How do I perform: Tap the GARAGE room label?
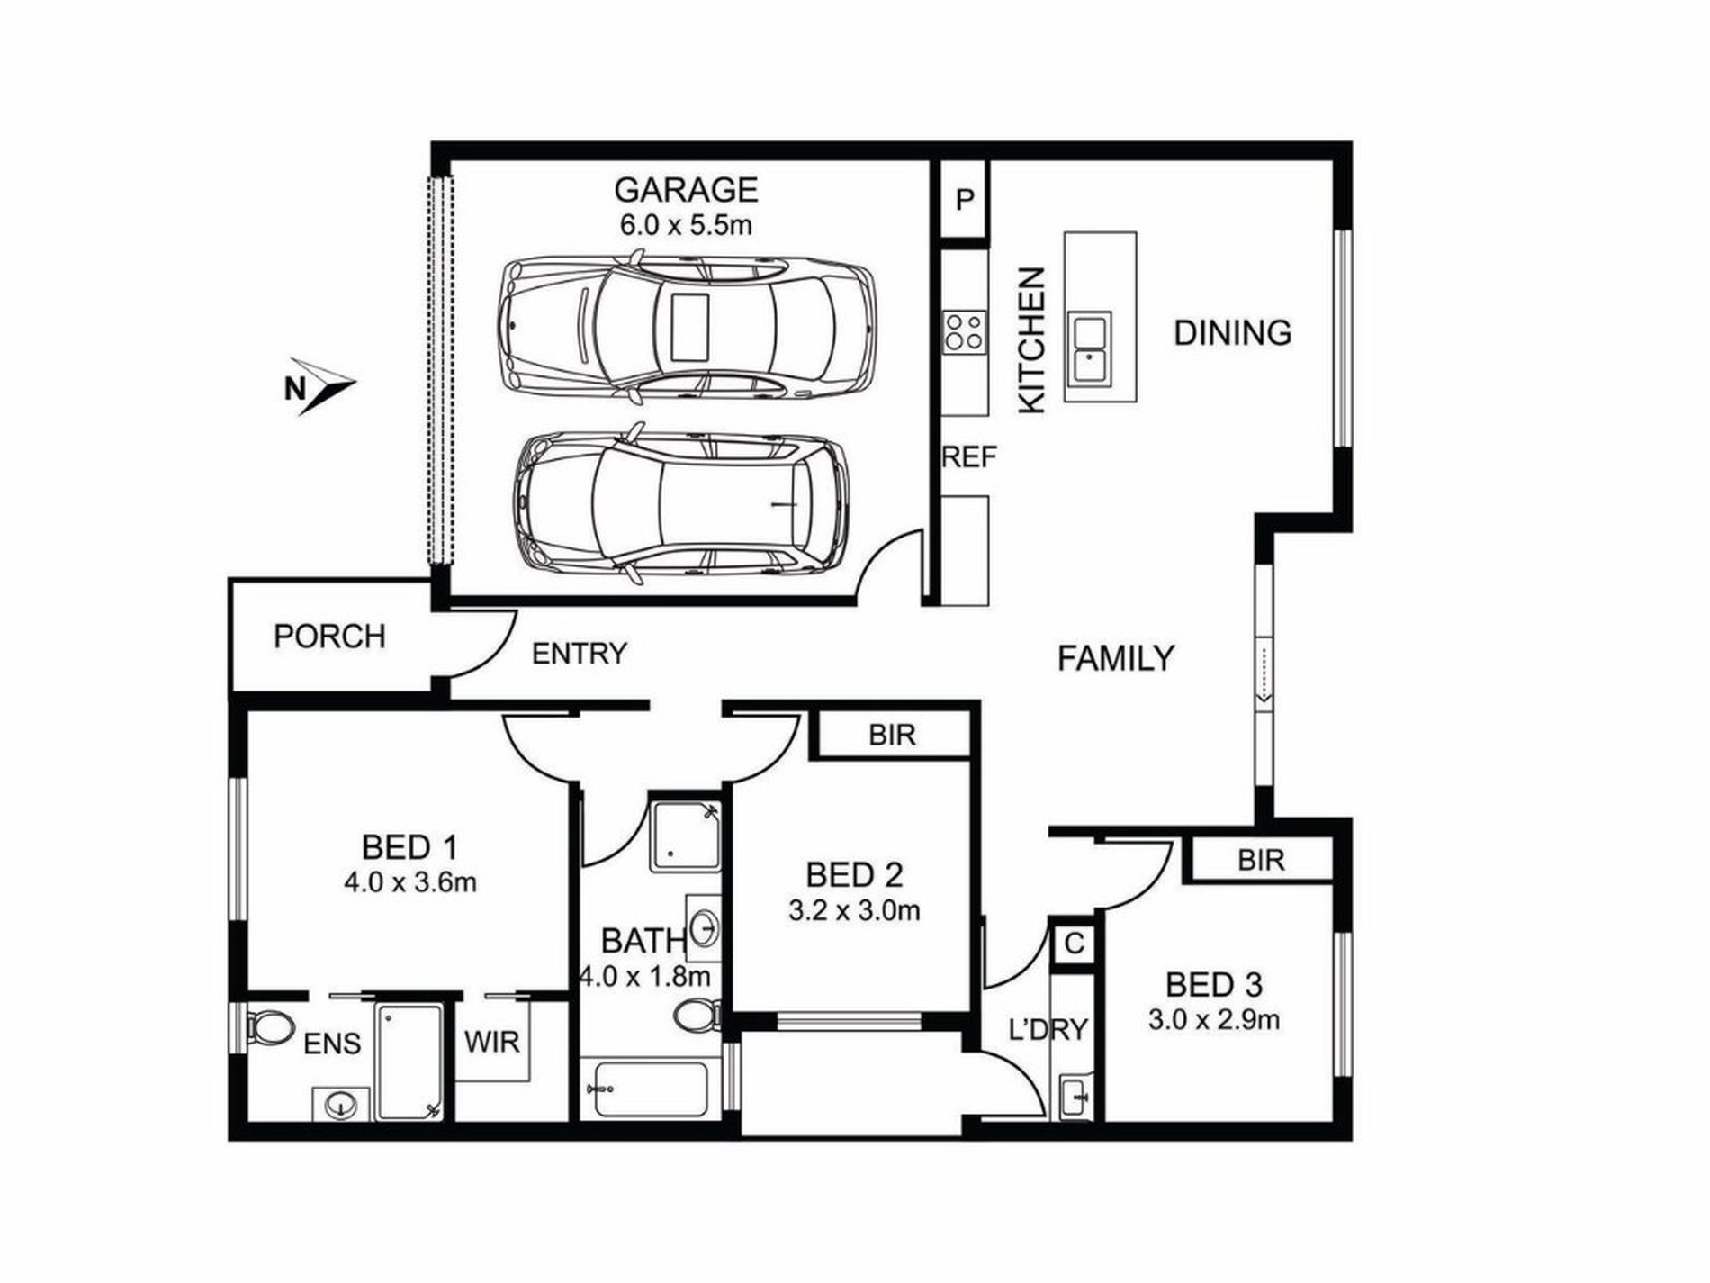(686, 190)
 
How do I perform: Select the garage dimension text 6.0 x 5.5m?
(686, 225)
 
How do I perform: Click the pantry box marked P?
(965, 200)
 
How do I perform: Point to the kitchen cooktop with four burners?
(965, 330)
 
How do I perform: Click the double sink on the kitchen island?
(1089, 348)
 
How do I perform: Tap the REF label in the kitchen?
(969, 457)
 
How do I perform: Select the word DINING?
(1232, 333)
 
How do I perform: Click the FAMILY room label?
(1115, 658)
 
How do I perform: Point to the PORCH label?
(329, 637)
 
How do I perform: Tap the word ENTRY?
(579, 654)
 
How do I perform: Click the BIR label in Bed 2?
(892, 735)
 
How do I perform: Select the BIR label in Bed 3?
(1261, 860)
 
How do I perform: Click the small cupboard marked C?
(1074, 944)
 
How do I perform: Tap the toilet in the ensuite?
(270, 1026)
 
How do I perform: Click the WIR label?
(492, 1042)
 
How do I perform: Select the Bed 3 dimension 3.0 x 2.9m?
(1214, 1020)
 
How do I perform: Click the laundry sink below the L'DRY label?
(1075, 1097)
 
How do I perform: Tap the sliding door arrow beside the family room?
(1264, 671)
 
